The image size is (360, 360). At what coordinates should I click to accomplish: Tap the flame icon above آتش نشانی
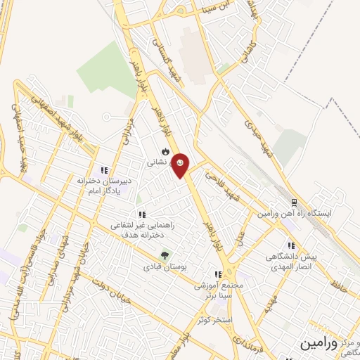coord(165,152)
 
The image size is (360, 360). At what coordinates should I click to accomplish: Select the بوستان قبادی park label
coord(164,267)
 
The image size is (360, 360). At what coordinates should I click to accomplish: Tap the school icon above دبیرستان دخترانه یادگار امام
coord(105,170)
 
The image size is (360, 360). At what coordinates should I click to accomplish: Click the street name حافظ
coord(342,285)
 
